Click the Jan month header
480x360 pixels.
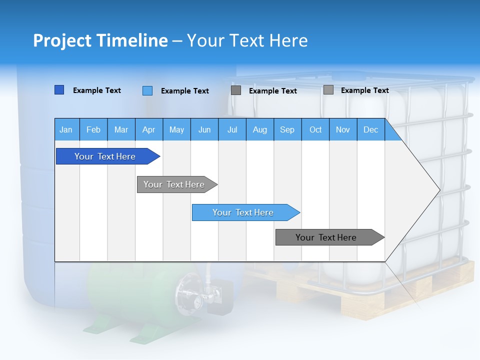[66, 129]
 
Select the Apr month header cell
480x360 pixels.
[148, 129]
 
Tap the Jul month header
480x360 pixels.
[232, 129]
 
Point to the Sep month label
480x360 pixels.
[287, 129]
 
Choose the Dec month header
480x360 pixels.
[370, 129]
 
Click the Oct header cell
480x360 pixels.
[315, 129]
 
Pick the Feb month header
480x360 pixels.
[93, 129]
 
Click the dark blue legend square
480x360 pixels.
[59, 90]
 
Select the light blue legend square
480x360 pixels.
[147, 90]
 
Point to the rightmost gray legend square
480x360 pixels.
[328, 90]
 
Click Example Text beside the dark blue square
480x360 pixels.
[97, 90]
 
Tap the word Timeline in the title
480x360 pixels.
[132, 40]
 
